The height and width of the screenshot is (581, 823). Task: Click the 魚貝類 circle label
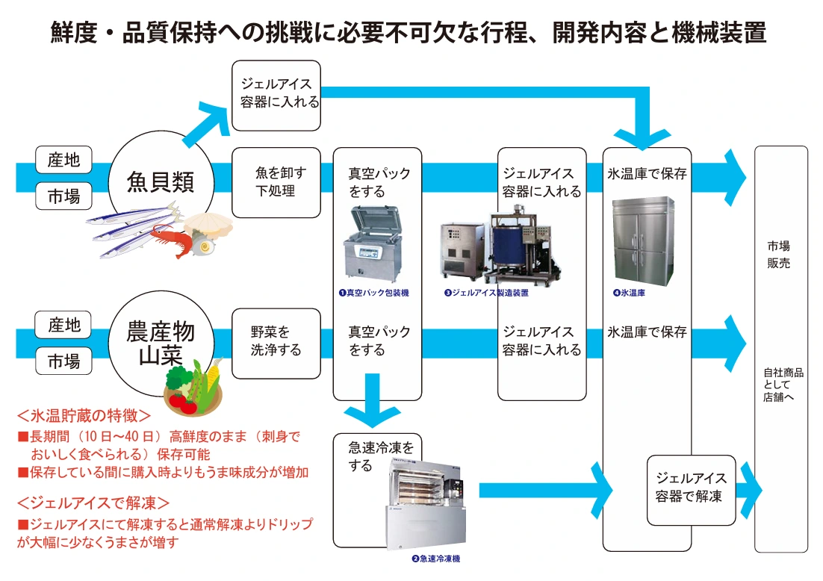(x=161, y=181)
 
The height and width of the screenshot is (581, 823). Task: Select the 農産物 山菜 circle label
(x=161, y=343)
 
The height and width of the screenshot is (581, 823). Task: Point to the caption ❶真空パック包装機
(x=373, y=293)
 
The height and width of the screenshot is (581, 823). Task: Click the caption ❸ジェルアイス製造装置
(x=486, y=293)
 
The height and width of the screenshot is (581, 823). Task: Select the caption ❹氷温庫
(x=629, y=293)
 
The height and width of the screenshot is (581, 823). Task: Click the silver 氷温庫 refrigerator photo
(x=643, y=240)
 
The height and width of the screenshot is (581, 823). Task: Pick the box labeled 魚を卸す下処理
(x=276, y=182)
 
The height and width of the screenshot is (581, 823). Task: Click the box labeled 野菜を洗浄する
(x=276, y=341)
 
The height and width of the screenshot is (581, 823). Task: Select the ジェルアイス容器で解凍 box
(x=691, y=487)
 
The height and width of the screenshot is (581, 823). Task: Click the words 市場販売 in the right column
(x=779, y=255)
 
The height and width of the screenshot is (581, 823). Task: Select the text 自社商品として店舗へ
(x=779, y=385)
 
